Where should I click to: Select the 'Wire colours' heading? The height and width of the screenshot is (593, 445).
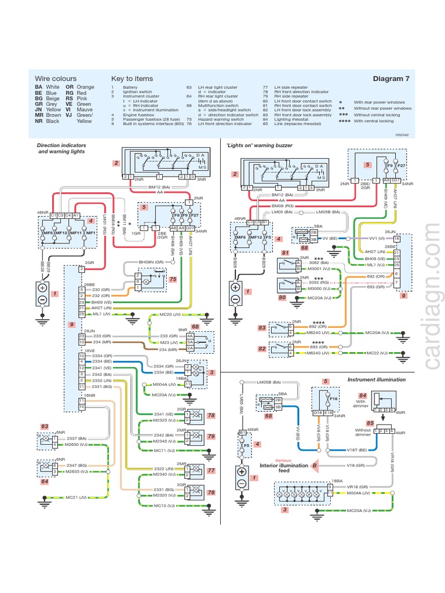56,79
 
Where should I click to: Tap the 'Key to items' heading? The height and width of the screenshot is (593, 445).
132,79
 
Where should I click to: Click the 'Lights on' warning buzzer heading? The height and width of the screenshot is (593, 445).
259,145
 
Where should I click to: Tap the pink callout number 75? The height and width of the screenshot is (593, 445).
173,279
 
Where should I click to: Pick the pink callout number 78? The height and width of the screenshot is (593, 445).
211,415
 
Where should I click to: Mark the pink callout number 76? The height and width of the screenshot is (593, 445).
211,492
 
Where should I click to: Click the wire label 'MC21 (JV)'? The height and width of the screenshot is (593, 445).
75,497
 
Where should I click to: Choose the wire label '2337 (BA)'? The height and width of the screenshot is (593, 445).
75,438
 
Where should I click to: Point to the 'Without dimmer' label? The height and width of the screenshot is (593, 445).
363,433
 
